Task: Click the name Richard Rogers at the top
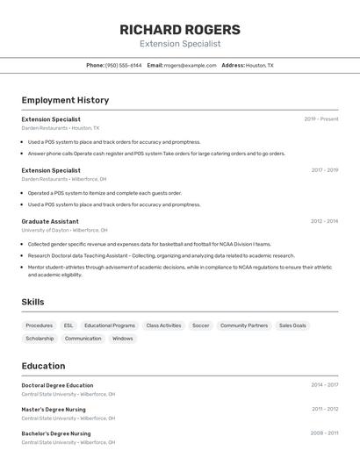180,29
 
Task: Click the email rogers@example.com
190,65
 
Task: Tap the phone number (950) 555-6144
123,65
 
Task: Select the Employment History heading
65,100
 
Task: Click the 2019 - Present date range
321,118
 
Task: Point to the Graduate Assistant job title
50,221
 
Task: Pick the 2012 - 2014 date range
324,221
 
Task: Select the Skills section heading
32,302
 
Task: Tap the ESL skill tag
68,325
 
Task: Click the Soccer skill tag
200,325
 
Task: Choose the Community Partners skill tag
244,325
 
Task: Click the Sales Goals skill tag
292,325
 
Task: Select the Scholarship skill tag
40,338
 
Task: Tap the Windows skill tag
123,338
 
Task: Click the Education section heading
43,366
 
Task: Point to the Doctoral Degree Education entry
57,385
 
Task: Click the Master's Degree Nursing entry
54,409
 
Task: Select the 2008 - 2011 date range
324,433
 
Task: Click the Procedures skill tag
39,325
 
